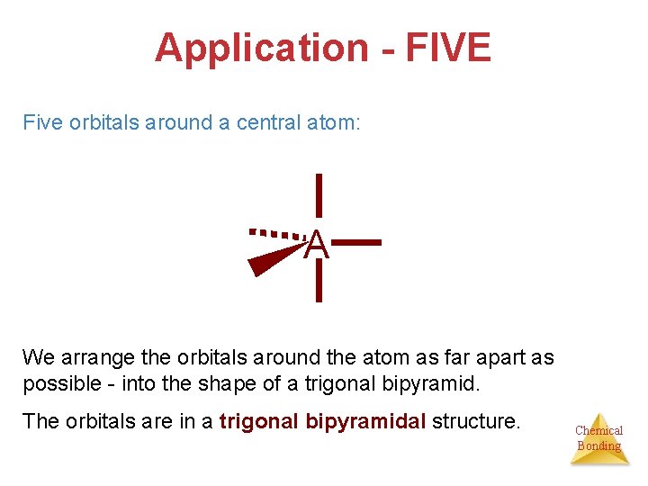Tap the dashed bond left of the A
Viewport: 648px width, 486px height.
pyautogui.click(x=277, y=233)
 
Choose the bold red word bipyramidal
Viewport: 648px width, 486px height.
pyautogui.click(x=364, y=421)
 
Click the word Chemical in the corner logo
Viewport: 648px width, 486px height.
pyautogui.click(x=598, y=430)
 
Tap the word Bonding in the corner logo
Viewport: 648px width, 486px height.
pyautogui.click(x=598, y=445)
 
